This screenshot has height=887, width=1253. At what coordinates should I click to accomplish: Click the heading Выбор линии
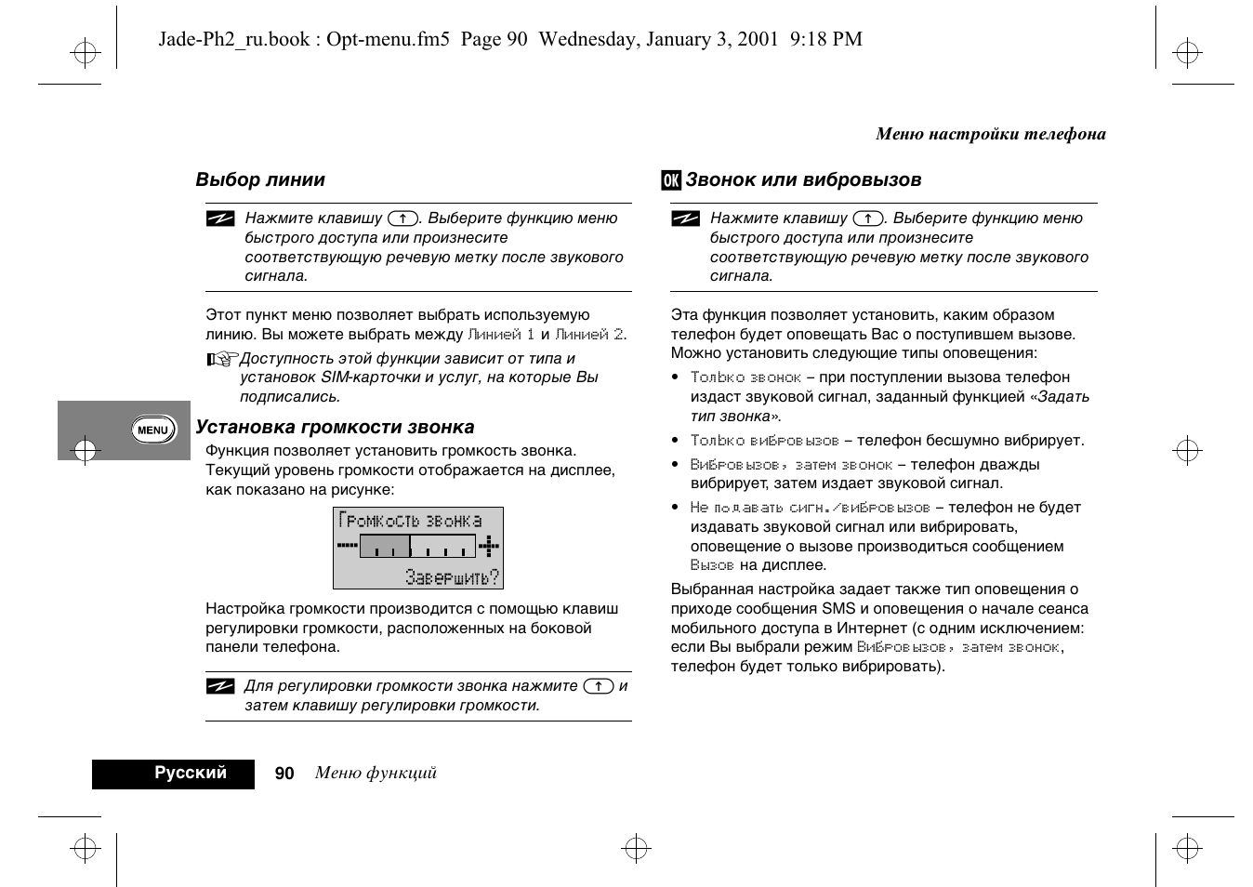(260, 180)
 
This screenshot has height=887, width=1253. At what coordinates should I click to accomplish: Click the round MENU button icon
(152, 430)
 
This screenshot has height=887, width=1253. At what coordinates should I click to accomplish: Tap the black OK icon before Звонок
(671, 180)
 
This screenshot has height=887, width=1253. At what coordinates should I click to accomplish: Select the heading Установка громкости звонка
(335, 428)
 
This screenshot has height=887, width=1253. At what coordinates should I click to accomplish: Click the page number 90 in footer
(284, 774)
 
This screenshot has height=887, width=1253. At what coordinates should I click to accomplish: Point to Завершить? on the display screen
(452, 577)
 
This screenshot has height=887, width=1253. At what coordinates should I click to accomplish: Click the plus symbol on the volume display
(489, 546)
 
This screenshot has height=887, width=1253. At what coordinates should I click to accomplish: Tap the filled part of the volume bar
(385, 546)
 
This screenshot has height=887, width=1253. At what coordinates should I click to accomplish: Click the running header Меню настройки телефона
(991, 134)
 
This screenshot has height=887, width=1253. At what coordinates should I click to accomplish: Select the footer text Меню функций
(376, 774)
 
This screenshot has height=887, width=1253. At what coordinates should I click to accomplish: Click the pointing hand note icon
(222, 359)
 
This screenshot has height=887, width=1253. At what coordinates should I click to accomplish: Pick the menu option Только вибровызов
(764, 441)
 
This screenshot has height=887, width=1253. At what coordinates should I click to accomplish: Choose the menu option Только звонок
(745, 377)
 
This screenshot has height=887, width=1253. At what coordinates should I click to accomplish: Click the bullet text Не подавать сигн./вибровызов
(810, 508)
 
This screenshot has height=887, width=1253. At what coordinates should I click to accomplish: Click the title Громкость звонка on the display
(410, 521)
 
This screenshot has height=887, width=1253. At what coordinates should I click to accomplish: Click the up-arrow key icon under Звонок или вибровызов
(868, 218)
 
